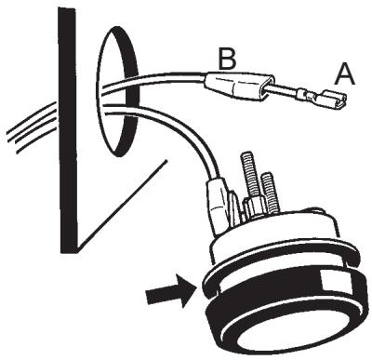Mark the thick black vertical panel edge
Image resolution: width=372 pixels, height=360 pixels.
coord(66,130)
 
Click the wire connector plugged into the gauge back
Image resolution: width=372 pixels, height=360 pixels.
coord(220,209)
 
